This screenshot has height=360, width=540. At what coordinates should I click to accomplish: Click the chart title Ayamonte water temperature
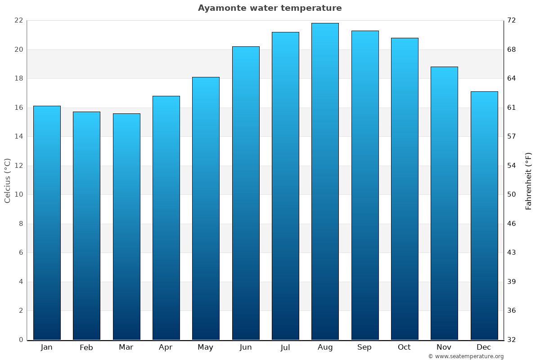(x=270, y=8)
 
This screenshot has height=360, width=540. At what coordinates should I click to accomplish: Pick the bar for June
(x=246, y=193)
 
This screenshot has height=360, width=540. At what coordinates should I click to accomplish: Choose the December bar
(x=484, y=216)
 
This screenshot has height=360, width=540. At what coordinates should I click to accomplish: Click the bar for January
(x=47, y=223)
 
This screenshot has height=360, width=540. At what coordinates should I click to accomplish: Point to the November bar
(x=444, y=203)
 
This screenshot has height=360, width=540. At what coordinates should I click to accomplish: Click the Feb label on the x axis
(x=86, y=347)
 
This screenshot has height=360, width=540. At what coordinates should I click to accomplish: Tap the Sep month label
(x=364, y=347)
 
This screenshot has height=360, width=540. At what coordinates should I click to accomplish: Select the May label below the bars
(x=206, y=347)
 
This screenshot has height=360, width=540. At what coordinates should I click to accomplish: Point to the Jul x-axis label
(x=285, y=347)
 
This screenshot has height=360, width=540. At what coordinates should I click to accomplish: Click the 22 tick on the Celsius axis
(x=18, y=20)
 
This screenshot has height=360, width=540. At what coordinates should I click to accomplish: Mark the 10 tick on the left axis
(x=18, y=194)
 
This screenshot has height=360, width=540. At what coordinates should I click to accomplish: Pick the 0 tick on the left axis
(x=21, y=340)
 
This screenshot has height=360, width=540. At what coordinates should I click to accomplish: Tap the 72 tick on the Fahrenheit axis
(x=512, y=20)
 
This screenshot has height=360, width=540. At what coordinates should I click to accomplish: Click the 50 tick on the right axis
(x=512, y=194)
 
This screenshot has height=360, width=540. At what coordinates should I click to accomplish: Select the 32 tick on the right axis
(x=512, y=340)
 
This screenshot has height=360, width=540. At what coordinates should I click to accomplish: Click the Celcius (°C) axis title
(x=7, y=180)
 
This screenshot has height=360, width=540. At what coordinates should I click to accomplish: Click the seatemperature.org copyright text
(x=466, y=356)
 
